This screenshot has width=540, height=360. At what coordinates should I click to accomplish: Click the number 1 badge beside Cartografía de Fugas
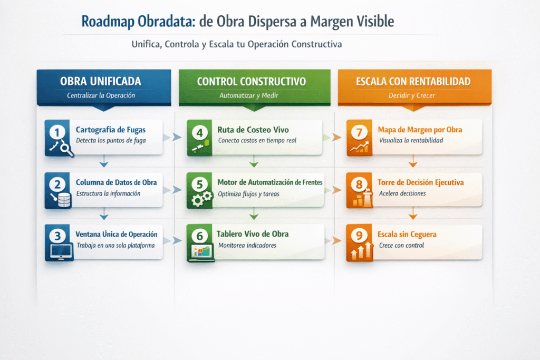(57, 132)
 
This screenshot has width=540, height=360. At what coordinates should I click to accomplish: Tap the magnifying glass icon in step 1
(66, 149)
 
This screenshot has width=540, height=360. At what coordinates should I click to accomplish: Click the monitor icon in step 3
(61, 251)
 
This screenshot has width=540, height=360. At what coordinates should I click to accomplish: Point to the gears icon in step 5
(201, 199)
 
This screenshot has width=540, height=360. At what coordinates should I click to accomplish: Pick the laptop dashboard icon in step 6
(201, 252)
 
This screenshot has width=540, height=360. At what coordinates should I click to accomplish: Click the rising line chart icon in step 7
(359, 147)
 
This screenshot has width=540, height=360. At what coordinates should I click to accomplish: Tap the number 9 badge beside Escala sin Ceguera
(359, 236)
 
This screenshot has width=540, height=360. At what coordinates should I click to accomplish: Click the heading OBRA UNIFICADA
(101, 81)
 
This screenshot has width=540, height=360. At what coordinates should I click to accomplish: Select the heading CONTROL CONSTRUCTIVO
(252, 82)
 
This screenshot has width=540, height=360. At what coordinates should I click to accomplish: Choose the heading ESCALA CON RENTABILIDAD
(413, 82)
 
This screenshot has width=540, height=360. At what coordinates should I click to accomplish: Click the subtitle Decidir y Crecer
(412, 96)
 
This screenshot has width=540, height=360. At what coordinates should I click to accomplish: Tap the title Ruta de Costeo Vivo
(253, 130)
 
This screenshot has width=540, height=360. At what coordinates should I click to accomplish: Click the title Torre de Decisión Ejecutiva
(420, 182)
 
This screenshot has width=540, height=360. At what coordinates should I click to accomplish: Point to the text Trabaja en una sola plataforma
(115, 246)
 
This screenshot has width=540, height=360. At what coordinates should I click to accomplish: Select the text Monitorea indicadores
(247, 246)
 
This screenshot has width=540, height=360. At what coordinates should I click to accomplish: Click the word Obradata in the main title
(167, 21)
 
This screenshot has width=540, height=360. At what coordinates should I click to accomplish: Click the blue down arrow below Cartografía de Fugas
(104, 161)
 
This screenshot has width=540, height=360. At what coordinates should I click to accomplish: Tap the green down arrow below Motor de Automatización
(254, 213)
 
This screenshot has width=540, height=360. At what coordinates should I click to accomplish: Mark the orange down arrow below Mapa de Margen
(413, 161)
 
